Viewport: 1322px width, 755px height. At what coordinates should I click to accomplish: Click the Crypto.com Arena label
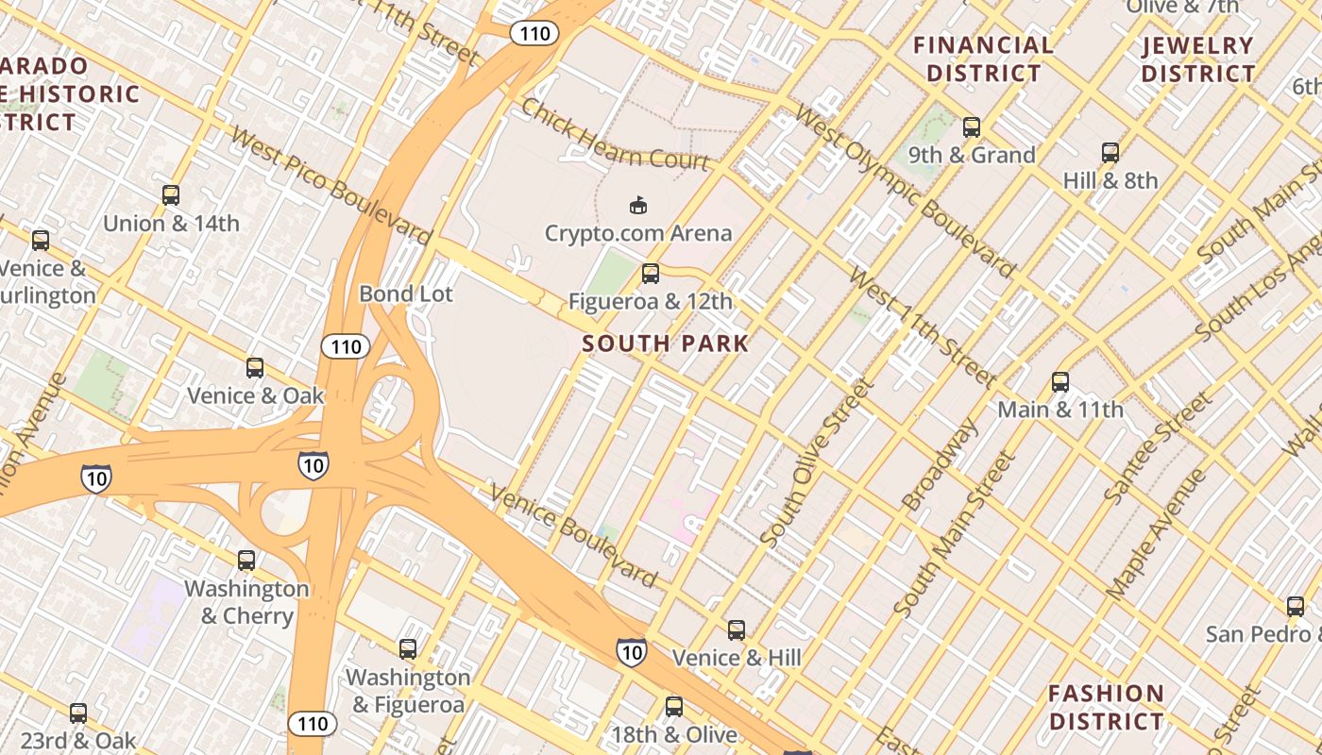[638, 233]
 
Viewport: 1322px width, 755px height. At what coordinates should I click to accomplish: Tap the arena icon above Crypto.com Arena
[638, 205]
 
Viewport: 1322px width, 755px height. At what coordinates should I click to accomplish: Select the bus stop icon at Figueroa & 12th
[651, 275]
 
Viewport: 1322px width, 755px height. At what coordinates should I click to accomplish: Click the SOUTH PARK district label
[666, 344]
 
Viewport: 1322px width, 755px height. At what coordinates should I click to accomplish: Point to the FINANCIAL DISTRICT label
[983, 59]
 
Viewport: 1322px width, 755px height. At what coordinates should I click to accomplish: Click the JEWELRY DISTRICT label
[1198, 59]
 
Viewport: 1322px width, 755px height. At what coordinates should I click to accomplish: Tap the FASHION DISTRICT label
[1106, 707]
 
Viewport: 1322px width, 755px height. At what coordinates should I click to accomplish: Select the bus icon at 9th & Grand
[972, 127]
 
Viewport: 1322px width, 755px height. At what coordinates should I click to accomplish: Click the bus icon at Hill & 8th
[1110, 153]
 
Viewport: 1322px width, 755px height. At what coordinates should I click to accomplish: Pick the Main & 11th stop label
[1060, 410]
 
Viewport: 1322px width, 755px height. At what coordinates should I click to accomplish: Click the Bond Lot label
[406, 294]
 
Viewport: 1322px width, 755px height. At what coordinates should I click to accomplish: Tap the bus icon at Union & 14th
[171, 196]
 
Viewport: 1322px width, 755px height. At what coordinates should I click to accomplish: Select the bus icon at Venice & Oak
[255, 368]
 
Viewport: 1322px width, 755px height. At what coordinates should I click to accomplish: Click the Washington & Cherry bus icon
[246, 561]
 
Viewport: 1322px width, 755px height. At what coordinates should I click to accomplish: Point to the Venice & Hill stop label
[737, 658]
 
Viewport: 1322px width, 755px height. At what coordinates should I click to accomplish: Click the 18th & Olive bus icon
[673, 707]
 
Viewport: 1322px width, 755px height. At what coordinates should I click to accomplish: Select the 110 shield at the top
[534, 34]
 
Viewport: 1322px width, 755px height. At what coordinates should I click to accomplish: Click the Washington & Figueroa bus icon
[408, 649]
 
